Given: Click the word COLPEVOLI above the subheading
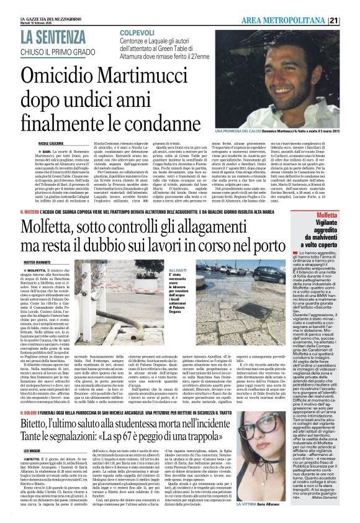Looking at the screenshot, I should point(141,31).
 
